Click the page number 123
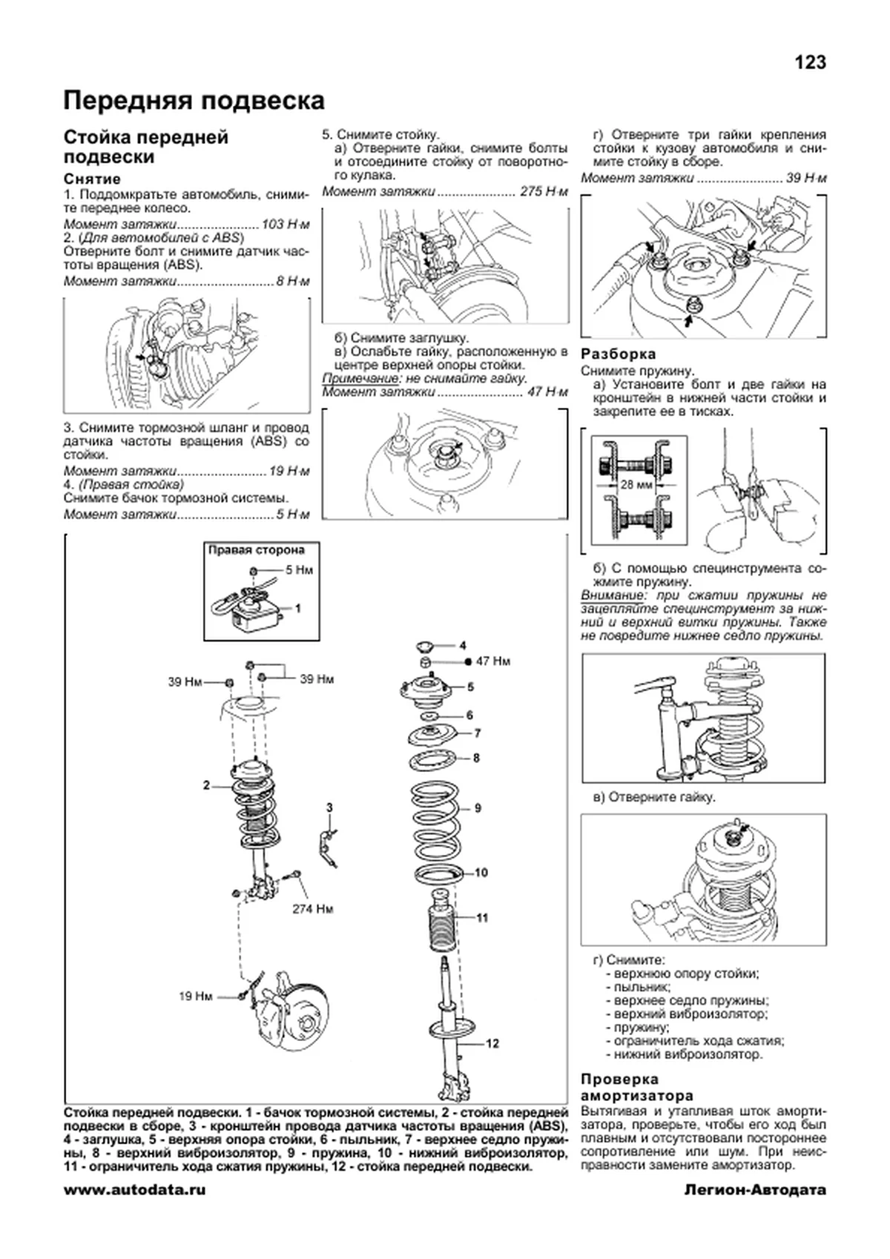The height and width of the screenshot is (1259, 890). click(x=810, y=63)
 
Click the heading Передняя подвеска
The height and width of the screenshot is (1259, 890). click(x=194, y=100)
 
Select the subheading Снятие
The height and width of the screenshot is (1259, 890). click(x=92, y=179)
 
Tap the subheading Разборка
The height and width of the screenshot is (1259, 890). click(x=618, y=354)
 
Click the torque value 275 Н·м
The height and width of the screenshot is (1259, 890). click(x=544, y=192)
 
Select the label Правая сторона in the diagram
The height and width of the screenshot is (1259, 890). click(x=256, y=550)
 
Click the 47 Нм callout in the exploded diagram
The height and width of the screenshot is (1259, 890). click(x=492, y=661)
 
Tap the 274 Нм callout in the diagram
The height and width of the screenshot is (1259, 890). click(x=312, y=908)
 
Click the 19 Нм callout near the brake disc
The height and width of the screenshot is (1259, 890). click(x=195, y=997)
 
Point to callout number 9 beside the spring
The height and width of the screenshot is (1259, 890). click(x=478, y=807)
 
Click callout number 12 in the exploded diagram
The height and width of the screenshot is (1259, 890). click(x=492, y=1043)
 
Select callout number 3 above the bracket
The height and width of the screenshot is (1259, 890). click(x=329, y=807)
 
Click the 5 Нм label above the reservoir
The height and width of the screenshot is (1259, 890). click(x=300, y=570)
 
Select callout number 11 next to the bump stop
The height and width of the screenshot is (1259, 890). click(x=482, y=918)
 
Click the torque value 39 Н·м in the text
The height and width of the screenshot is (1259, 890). click(x=807, y=178)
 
